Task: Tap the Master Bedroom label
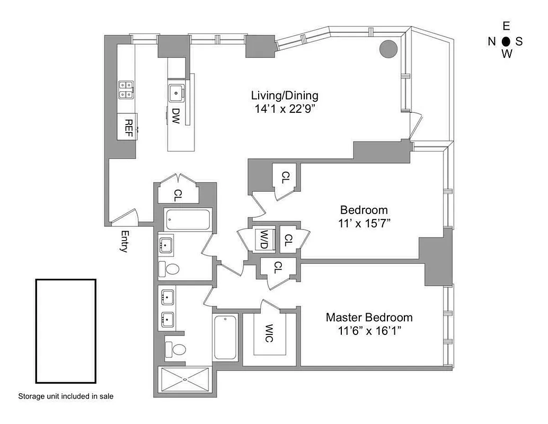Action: pos(369,317)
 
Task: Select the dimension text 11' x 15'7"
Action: pos(364,223)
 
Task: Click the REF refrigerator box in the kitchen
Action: pos(128,127)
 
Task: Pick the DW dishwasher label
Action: pos(176,116)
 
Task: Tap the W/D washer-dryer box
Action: pos(263,238)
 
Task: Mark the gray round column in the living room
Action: pos(388,49)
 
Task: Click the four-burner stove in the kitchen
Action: pos(126,90)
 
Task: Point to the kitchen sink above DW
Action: pos(176,92)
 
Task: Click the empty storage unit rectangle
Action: pos(66,331)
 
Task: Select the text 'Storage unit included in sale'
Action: pos(66,396)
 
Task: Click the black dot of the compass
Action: pos(506,41)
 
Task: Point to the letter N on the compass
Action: pos(492,41)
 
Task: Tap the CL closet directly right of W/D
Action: pos(287,240)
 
